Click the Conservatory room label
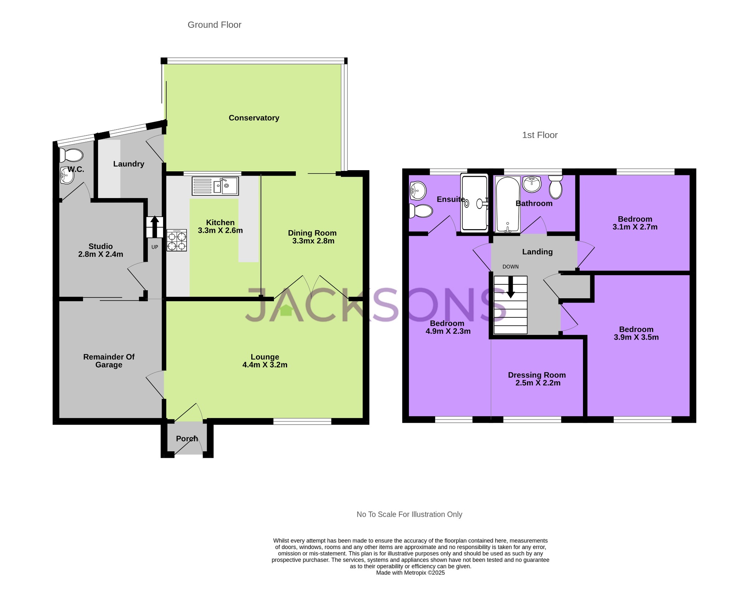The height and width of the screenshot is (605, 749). point(254,118)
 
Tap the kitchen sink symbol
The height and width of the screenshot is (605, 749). point(215,186)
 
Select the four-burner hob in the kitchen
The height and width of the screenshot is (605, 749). point(177,240)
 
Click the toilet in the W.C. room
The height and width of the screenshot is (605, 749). point(71,155)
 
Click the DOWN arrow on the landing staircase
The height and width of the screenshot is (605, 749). point(511,287)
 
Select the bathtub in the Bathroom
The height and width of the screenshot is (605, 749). point(507,205)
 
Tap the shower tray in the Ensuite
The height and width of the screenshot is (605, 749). point(474,203)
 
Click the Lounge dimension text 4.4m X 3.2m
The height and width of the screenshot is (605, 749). point(265,365)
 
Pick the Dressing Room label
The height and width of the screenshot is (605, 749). point(537,375)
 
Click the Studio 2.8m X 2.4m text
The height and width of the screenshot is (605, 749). point(101,250)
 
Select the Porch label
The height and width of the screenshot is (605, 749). point(187,438)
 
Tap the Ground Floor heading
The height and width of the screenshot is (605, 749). point(214,25)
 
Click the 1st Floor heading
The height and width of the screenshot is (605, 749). point(539,135)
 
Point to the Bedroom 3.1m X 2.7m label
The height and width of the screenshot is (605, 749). point(635,223)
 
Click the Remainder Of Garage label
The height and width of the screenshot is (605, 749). point(109,361)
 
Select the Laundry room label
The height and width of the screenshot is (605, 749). point(128,164)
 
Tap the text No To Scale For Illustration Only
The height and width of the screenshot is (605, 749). point(409,514)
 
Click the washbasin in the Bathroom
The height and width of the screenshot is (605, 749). point(532,184)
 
